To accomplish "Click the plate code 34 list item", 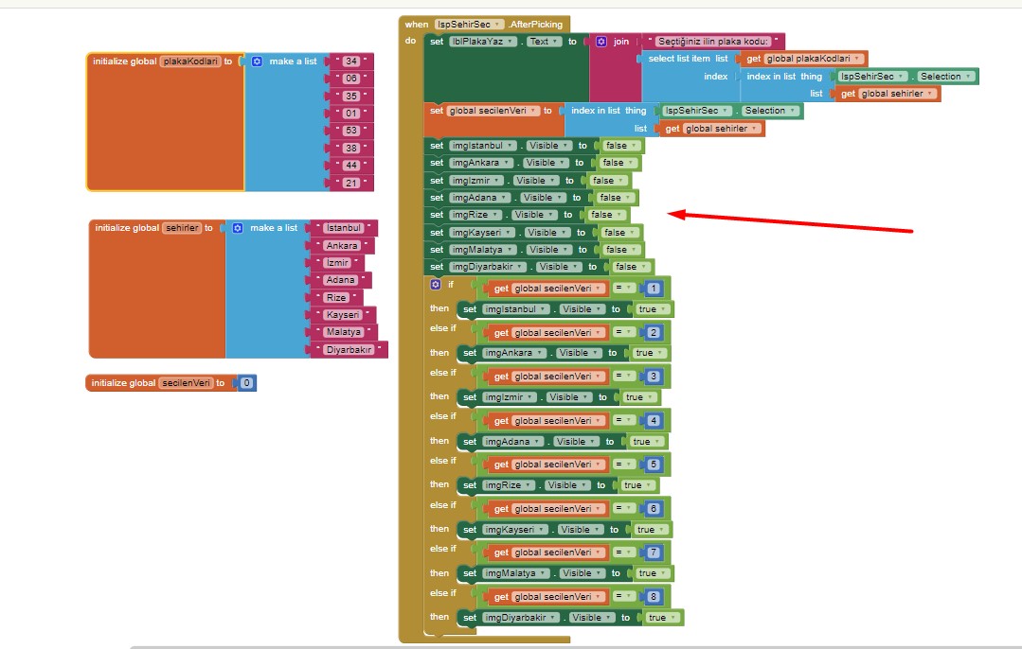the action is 351,61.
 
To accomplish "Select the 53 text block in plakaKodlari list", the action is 351,130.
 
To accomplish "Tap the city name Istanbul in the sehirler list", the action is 344,228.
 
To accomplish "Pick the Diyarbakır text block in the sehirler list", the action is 349,350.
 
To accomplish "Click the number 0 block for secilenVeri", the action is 246,383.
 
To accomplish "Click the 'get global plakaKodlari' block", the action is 805,59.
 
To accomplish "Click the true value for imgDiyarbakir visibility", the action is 660,618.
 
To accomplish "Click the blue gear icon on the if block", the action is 436,284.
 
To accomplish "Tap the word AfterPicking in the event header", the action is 536,24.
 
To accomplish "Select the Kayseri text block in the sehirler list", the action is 342,314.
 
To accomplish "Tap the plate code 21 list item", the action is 351,182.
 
